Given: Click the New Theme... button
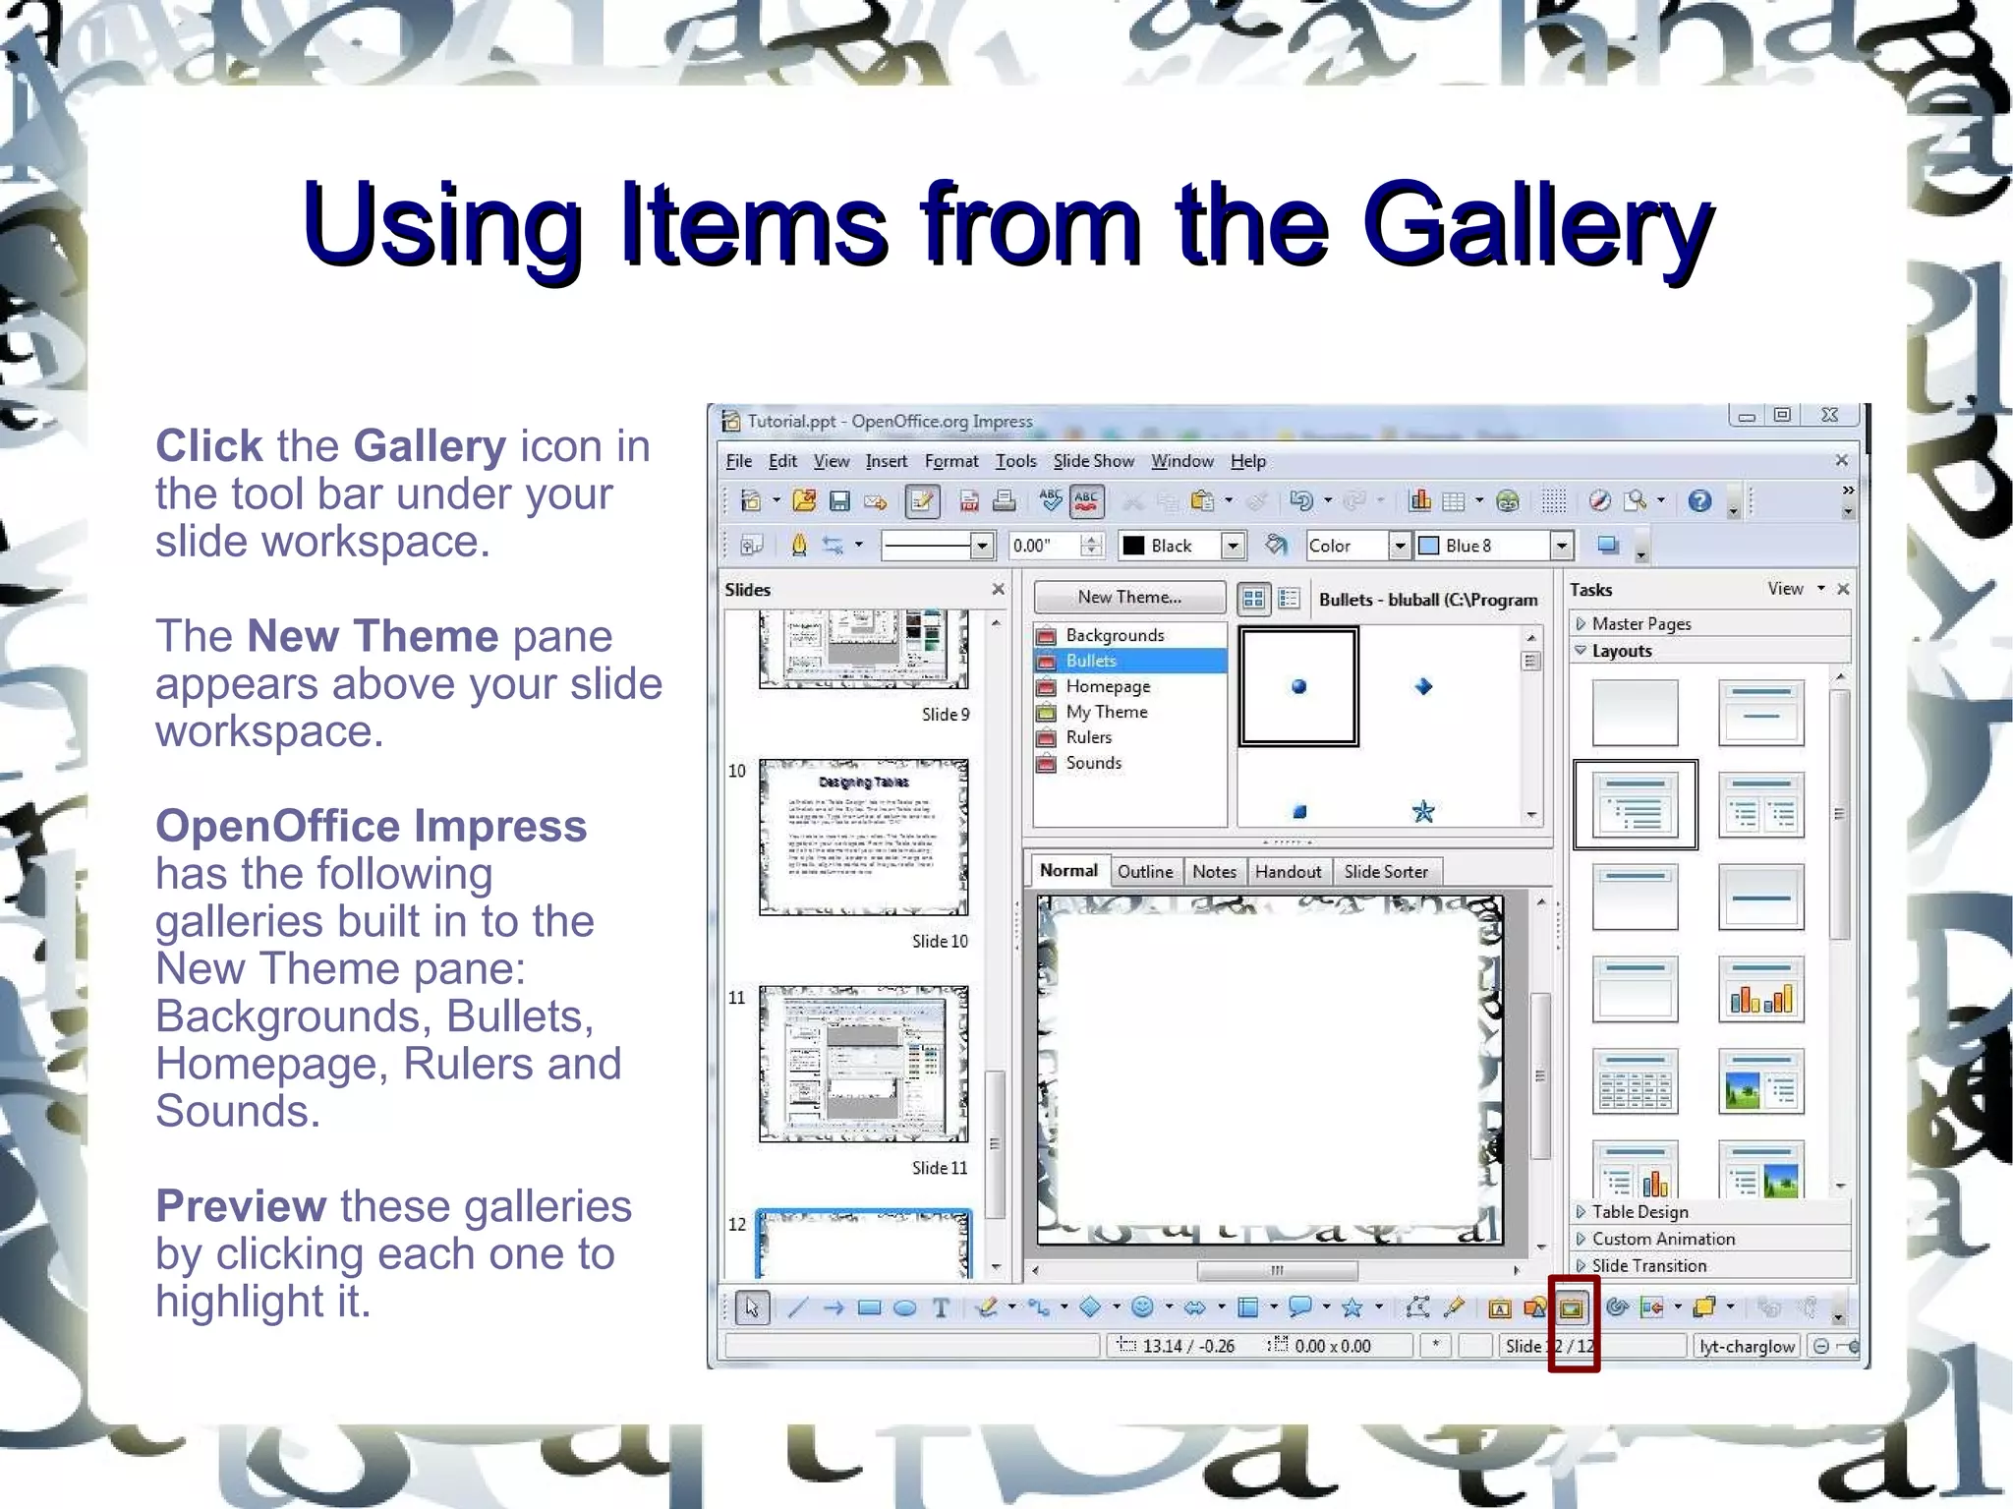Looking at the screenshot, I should pyautogui.click(x=1129, y=597).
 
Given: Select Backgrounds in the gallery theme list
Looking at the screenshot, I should pyautogui.click(x=1115, y=635).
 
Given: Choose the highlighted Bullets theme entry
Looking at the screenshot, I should pyautogui.click(x=1091, y=661).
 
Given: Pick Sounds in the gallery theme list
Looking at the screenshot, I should pyautogui.click(x=1093, y=763).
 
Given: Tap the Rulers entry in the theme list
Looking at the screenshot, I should pyautogui.click(x=1088, y=737).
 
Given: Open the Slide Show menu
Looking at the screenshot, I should pyautogui.click(x=1093, y=461).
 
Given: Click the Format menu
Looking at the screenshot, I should pyautogui.click(x=950, y=461).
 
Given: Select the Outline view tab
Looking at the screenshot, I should pyautogui.click(x=1144, y=871).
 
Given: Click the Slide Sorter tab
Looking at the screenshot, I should pyautogui.click(x=1385, y=871).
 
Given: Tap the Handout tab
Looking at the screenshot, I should pyautogui.click(x=1288, y=871).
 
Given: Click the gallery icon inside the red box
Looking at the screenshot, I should pyautogui.click(x=1572, y=1307).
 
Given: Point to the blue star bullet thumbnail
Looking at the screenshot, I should pyautogui.click(x=1422, y=811).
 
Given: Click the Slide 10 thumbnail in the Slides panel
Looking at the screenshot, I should pyautogui.click(x=863, y=837).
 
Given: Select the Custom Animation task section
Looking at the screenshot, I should pyautogui.click(x=1663, y=1239).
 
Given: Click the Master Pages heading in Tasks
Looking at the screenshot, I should pyautogui.click(x=1640, y=623).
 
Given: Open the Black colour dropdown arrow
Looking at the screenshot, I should pyautogui.click(x=1233, y=546).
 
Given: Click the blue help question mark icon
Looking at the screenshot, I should pyautogui.click(x=1699, y=501).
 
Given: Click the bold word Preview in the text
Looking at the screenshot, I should pyautogui.click(x=241, y=1206).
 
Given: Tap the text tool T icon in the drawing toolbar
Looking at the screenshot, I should pyautogui.click(x=941, y=1307).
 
